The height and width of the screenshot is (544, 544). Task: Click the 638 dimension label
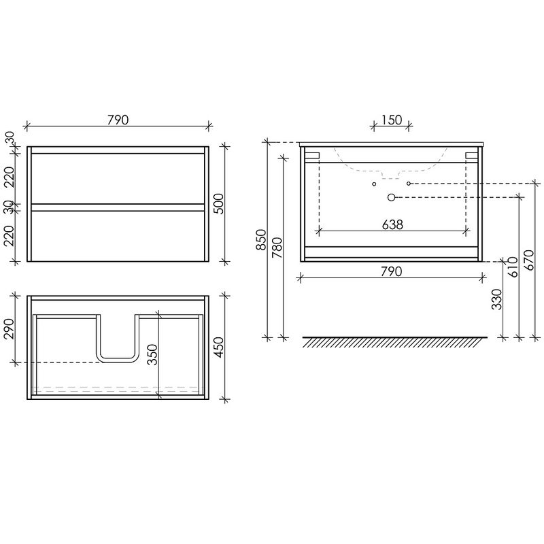point(392,225)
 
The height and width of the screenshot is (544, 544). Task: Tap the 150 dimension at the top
point(392,120)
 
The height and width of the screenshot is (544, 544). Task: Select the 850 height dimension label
point(261,239)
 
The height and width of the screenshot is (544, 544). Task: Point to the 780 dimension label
point(277,248)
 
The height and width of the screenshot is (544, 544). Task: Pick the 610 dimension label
point(513,267)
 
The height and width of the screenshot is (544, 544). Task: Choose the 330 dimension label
point(497,299)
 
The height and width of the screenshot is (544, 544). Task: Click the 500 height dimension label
point(219,204)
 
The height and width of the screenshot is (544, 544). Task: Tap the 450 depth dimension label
point(219,347)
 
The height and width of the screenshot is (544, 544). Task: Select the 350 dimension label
point(152,354)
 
